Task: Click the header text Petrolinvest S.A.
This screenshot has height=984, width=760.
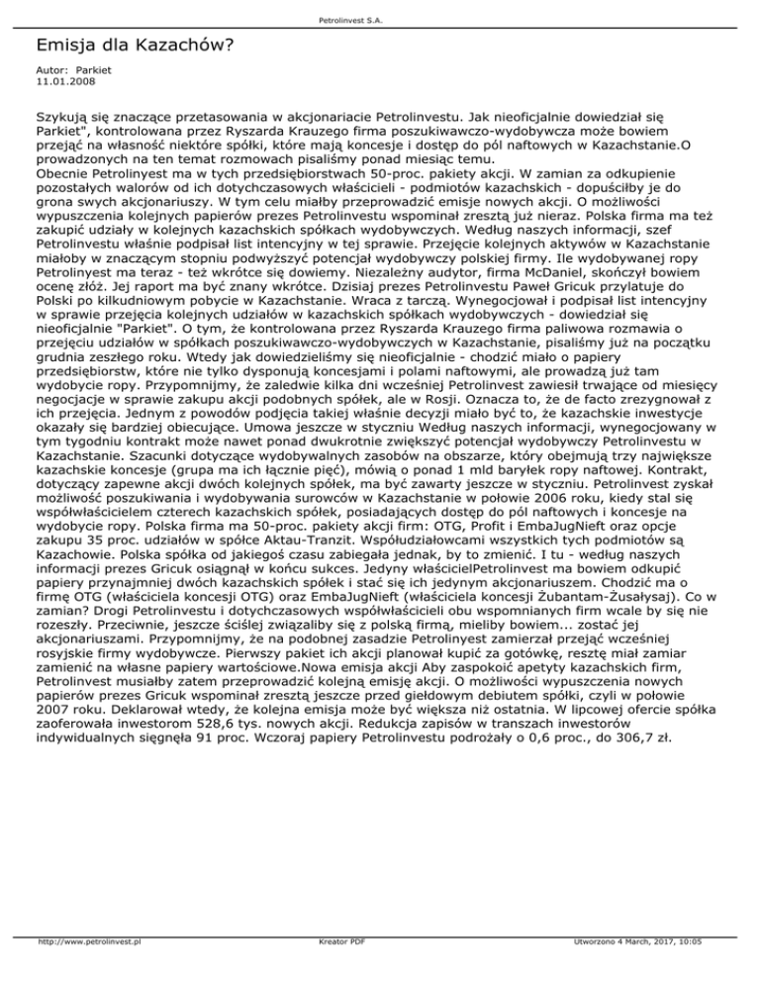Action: click(379, 18)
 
